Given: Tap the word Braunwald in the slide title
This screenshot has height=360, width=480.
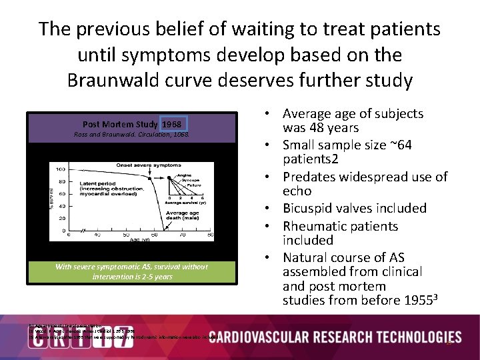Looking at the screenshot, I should click(x=122, y=80).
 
